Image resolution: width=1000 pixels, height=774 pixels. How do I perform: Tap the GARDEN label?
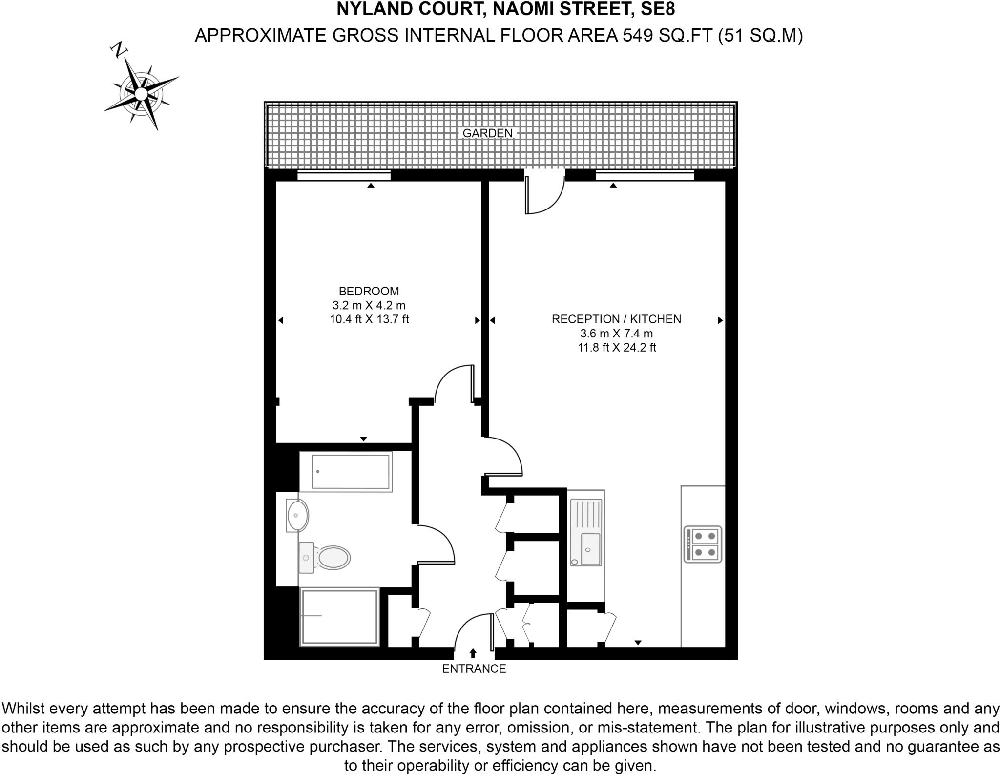pos(487,133)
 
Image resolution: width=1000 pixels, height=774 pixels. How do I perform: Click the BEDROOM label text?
pos(369,291)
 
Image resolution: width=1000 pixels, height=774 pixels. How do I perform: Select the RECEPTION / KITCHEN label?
pos(616,319)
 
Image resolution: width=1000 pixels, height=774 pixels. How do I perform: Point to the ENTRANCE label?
pos(474,669)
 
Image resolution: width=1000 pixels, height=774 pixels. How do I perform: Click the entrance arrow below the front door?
pos(473,653)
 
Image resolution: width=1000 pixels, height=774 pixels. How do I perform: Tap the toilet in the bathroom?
pos(326,557)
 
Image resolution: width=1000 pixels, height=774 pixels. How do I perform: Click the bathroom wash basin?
pos(297,515)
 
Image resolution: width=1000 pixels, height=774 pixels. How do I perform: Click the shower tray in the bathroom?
pos(340,617)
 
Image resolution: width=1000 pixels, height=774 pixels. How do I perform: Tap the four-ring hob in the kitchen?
pos(703,544)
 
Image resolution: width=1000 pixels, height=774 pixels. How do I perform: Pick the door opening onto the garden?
pos(544,195)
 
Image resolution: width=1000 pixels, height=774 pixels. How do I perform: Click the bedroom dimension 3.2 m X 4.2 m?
pos(369,305)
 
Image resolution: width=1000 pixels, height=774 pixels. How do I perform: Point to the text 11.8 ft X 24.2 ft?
pos(616,348)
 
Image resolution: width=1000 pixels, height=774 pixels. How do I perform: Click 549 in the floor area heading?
pos(638,36)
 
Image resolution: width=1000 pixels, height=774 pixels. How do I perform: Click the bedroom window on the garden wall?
pos(344,175)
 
